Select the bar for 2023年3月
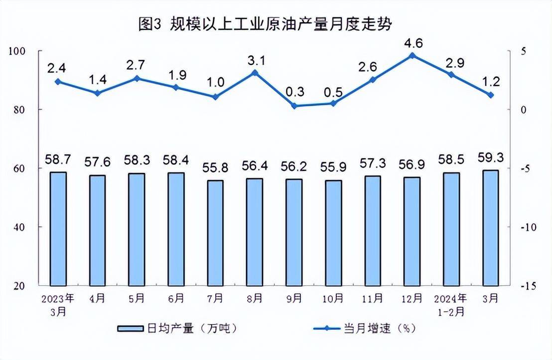(58, 228)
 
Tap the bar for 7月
(215, 232)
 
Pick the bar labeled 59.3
(491, 227)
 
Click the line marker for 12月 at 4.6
(412, 55)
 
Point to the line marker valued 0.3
(294, 106)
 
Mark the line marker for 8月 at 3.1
(255, 73)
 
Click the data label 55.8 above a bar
(215, 169)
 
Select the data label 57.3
(373, 164)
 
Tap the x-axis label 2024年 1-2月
(451, 305)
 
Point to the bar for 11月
(373, 230)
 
